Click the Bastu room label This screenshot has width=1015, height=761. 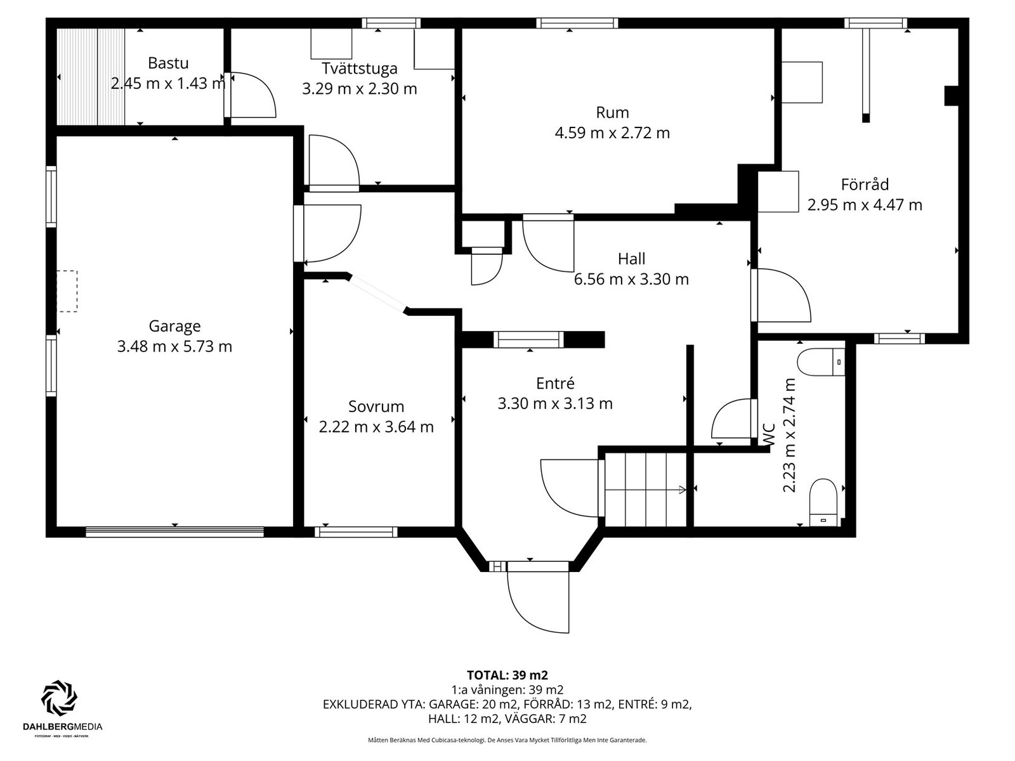tap(168, 63)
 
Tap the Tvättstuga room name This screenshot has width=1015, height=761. tap(359, 68)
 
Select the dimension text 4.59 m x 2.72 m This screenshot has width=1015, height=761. tap(612, 133)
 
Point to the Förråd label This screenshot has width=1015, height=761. tap(865, 185)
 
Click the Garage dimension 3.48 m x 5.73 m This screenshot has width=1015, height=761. tap(174, 346)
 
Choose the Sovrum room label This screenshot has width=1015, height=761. tap(376, 406)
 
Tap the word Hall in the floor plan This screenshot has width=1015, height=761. tap(631, 259)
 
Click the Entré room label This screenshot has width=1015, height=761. tap(555, 383)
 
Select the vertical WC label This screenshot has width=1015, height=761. tap(768, 435)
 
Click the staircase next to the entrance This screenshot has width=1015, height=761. tap(646, 490)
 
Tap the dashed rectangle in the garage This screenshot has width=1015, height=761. tap(67, 291)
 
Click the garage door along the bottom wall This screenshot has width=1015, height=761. tap(175, 532)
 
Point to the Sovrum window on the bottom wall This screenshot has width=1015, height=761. tap(356, 532)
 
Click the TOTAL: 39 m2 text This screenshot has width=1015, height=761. tap(507, 675)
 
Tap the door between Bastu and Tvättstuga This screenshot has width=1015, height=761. tap(250, 94)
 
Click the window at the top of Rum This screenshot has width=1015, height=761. tap(577, 23)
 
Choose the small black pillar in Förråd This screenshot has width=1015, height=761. tap(951, 96)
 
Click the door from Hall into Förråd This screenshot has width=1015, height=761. tap(780, 296)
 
